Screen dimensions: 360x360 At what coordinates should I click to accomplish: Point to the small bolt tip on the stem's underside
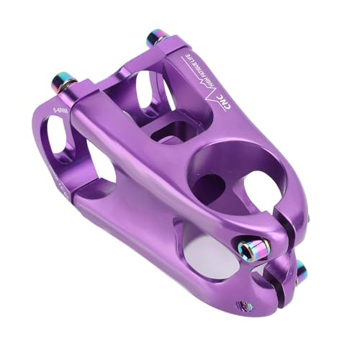point(246,305)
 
